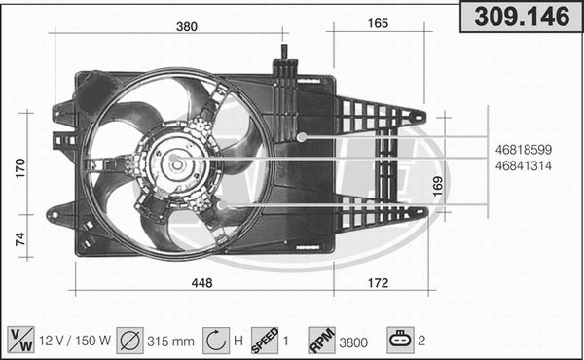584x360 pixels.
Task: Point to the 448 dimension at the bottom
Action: tap(202, 283)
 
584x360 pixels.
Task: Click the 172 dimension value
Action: tap(379, 283)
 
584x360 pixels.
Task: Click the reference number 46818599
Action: tap(524, 150)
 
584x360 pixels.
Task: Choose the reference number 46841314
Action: tap(524, 166)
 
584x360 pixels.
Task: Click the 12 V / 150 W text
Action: tap(74, 341)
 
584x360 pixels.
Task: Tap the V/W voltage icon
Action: tap(18, 340)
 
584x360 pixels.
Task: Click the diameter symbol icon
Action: tap(128, 340)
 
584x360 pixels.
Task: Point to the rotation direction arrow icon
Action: tap(215, 340)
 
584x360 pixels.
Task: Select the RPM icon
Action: tap(322, 340)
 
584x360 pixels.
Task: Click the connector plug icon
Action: tap(400, 340)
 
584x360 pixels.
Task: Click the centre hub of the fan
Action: tap(176, 164)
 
